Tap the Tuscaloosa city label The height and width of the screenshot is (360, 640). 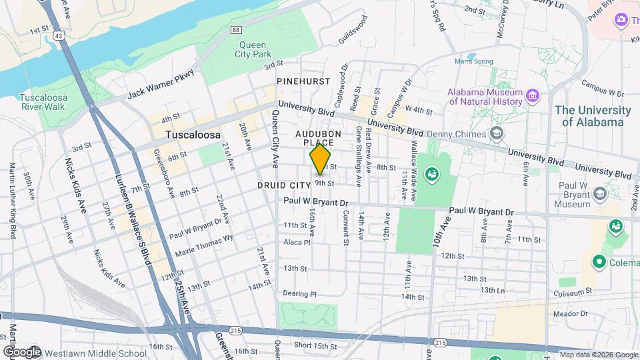pos(193,135)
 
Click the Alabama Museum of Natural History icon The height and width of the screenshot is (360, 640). pos(532,97)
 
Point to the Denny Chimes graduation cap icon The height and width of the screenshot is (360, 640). pos(497,134)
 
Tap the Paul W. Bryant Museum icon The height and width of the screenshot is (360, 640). pos(599,194)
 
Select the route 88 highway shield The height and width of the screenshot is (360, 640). pos(237,30)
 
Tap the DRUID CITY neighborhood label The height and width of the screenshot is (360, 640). pos(284,184)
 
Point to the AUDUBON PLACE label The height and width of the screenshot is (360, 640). pos(318,138)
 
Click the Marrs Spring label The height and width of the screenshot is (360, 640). pos(473,61)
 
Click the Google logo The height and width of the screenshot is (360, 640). pos(21,351)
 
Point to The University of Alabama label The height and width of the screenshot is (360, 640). pos(593,116)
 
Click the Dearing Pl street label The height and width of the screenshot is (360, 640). pos(298,293)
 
